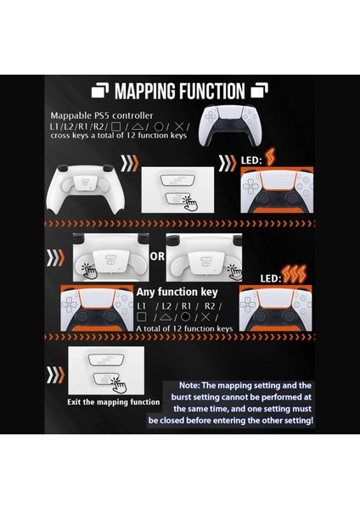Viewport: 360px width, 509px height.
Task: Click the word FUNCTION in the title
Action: [x=211, y=91]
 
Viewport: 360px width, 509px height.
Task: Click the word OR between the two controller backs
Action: [x=158, y=254]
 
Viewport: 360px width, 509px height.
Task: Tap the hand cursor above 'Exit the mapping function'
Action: [x=119, y=384]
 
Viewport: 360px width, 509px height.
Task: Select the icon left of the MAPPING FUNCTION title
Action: [x=100, y=91]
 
